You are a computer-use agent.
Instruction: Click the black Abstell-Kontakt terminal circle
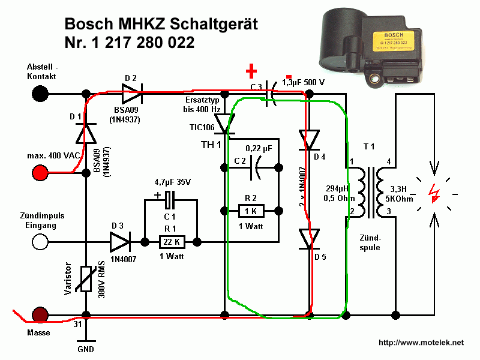point(40,94)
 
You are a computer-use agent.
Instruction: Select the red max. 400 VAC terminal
point(40,173)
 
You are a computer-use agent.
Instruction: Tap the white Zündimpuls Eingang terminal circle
point(40,242)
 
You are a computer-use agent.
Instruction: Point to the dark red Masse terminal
point(40,314)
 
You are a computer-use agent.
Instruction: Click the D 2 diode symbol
point(132,94)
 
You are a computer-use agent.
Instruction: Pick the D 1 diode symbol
point(86,132)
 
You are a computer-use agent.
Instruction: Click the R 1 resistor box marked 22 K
point(172,242)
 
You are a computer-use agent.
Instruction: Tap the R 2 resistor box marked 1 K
point(251,211)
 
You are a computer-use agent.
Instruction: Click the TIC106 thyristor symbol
point(225,123)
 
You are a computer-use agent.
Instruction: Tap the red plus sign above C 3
point(252,71)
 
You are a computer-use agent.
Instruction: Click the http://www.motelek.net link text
point(421,343)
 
